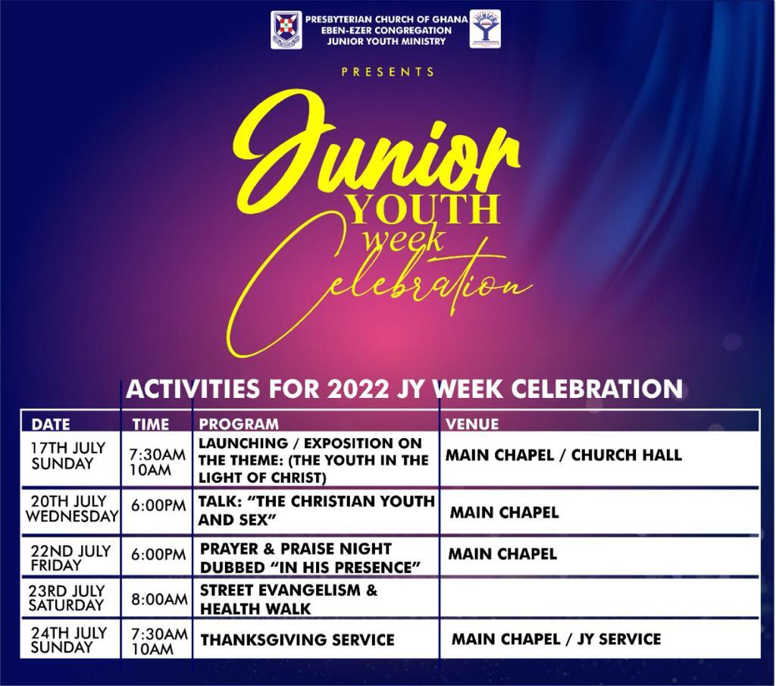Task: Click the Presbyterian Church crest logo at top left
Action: point(286,30)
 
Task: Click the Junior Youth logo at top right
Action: point(485,30)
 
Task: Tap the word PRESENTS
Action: point(387,72)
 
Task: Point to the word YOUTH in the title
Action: point(423,209)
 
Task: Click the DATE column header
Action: point(51,424)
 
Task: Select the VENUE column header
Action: point(472,424)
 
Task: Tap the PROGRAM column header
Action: point(239,424)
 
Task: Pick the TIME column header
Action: point(151,424)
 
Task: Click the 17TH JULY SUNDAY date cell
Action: point(68,456)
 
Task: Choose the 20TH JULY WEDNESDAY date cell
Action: point(72,509)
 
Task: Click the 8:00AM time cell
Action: point(159,600)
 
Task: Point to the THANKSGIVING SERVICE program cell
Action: point(297,640)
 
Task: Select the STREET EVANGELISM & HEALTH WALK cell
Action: point(289,600)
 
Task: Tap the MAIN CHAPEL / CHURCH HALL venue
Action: point(564,455)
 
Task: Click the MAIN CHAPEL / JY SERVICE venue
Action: point(556,639)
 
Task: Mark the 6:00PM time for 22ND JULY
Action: point(158,555)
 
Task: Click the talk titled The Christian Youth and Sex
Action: point(316,511)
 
